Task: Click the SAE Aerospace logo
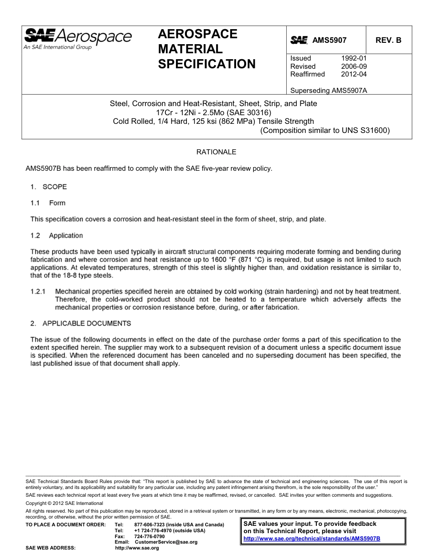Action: click(x=77, y=38)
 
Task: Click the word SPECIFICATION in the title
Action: click(x=206, y=64)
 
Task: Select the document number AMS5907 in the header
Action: click(x=329, y=40)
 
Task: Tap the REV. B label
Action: click(x=388, y=40)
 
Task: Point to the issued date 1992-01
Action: click(x=354, y=58)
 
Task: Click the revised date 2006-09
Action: click(x=354, y=66)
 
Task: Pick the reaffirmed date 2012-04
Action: click(x=354, y=74)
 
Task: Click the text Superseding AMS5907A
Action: click(x=329, y=90)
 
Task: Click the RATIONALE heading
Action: click(x=216, y=152)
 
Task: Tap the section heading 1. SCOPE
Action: click(x=49, y=187)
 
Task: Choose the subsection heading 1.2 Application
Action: click(x=57, y=236)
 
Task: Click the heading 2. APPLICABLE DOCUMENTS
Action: click(x=81, y=324)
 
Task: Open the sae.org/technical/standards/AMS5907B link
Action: click(x=312, y=538)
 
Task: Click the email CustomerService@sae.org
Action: click(x=163, y=542)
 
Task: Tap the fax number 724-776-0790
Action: click(x=149, y=536)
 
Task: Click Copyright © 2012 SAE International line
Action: click(x=64, y=503)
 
